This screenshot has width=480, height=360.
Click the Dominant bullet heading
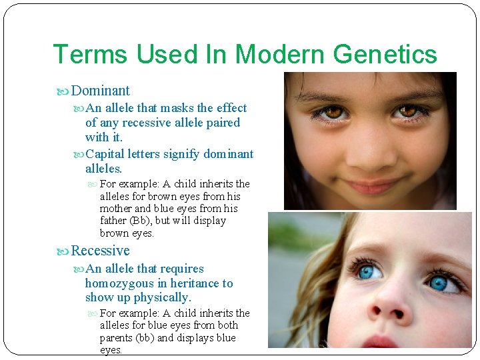(100, 91)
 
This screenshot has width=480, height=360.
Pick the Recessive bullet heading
(100, 251)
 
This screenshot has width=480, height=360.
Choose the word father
(114, 221)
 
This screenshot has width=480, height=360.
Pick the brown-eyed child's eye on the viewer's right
(407, 111)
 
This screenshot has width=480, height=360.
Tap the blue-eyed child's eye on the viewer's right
(438, 282)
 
